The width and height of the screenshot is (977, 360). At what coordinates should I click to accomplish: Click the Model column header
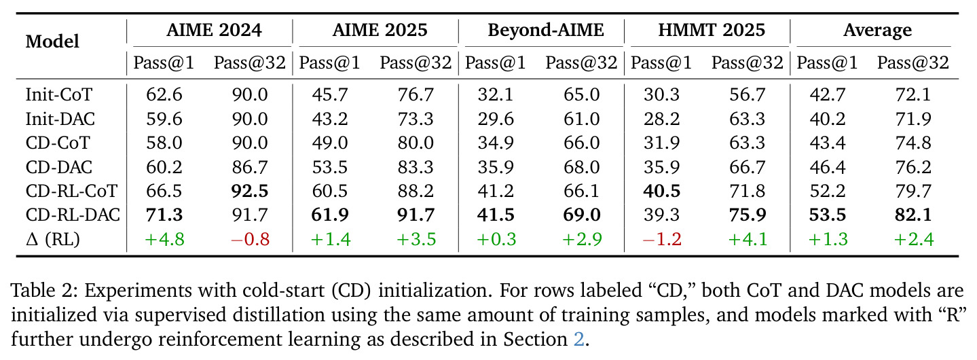52,41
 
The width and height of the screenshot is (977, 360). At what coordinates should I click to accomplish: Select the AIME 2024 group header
214,30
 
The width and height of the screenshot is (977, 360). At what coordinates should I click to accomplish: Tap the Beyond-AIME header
546,30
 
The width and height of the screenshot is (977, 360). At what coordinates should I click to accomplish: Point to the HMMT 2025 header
712,30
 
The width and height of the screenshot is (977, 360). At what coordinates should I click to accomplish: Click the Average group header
878,30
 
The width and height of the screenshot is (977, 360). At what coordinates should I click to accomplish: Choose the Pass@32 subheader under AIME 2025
416,63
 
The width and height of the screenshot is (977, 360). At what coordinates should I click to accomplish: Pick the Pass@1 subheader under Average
827,63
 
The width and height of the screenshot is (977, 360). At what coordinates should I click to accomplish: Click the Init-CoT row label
59,94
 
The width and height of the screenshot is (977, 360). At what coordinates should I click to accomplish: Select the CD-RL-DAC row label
73,215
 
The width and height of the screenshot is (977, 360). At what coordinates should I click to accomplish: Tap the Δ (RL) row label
53,239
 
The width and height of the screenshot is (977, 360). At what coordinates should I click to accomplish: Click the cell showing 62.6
164,94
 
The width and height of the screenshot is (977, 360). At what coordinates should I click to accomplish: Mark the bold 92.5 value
250,191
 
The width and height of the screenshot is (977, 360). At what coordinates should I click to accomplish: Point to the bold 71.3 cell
164,215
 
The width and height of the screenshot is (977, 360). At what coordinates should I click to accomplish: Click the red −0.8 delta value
250,239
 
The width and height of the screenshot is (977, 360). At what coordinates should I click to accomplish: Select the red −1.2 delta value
662,239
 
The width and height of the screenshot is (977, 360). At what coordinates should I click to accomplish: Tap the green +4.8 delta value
164,239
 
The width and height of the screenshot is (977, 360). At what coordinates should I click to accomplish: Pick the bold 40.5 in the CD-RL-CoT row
662,191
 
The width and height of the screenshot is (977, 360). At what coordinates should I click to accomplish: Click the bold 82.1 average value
913,215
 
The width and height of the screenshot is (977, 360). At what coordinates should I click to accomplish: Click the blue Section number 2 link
578,340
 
